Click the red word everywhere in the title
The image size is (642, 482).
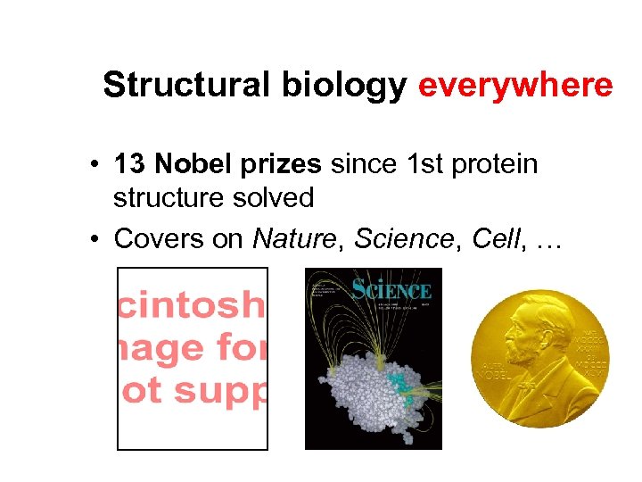tap(515, 86)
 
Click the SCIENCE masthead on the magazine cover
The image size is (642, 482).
tap(391, 290)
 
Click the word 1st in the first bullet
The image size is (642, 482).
tap(419, 165)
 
